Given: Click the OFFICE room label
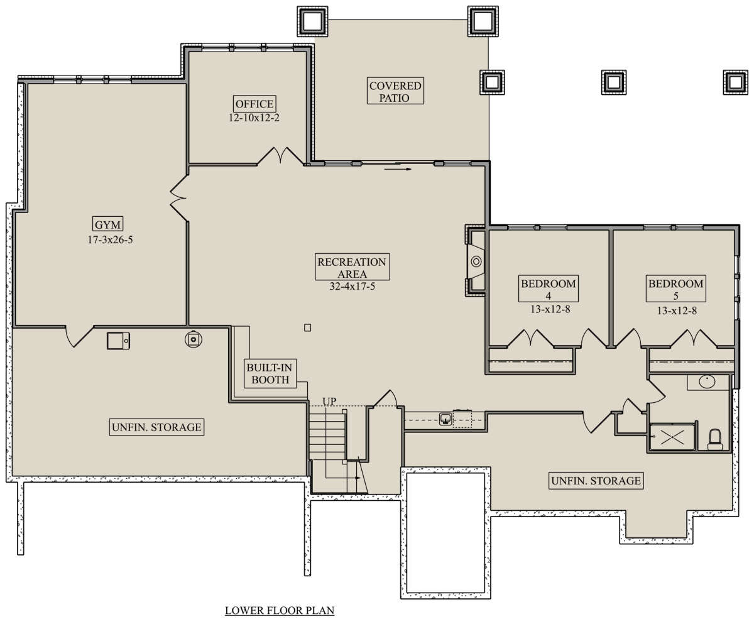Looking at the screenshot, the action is (x=254, y=104).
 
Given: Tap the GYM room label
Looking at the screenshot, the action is (x=107, y=224).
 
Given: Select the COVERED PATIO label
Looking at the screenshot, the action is (x=395, y=91).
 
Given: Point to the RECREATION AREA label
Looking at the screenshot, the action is (x=352, y=267).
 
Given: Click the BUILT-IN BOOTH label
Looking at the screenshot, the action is (x=270, y=373).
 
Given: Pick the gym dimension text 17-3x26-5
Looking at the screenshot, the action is (x=110, y=239).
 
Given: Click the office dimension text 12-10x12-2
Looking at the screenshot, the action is (x=254, y=118).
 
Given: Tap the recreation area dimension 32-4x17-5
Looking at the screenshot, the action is (x=352, y=286).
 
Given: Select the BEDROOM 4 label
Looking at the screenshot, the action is (x=549, y=288).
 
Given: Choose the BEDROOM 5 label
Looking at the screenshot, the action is (x=675, y=288).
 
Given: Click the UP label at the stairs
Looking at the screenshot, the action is (x=329, y=401).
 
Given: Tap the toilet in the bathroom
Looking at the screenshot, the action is (x=715, y=440).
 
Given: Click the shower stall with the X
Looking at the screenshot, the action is (x=672, y=437).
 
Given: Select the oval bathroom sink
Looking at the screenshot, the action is (x=707, y=382).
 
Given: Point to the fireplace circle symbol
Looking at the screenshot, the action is (x=476, y=262).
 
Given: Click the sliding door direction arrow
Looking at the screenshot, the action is (x=398, y=169).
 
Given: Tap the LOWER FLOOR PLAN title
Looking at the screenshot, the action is (x=280, y=610).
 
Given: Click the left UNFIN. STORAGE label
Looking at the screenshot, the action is (x=156, y=427).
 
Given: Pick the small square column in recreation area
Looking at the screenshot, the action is (x=307, y=327).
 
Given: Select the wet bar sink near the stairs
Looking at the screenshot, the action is (x=445, y=419).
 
